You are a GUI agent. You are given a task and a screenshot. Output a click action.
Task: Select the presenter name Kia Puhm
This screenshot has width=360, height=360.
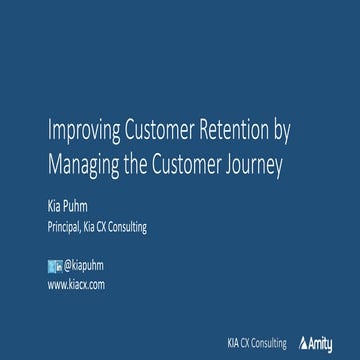point(67,207)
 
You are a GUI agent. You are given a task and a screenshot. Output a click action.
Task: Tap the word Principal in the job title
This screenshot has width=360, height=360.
point(66,227)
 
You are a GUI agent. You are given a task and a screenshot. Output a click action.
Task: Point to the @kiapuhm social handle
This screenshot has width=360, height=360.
point(83,265)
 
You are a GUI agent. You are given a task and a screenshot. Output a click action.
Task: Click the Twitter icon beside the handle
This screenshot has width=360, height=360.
point(52,265)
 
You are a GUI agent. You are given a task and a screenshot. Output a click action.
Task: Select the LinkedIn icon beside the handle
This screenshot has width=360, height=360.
point(58,265)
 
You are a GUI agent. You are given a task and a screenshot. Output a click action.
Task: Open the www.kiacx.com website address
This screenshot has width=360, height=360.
point(76,285)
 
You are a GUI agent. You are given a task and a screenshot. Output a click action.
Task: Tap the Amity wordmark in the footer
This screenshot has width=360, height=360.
point(322,343)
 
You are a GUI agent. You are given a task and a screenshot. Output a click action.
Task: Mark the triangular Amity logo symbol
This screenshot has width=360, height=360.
point(302,343)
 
